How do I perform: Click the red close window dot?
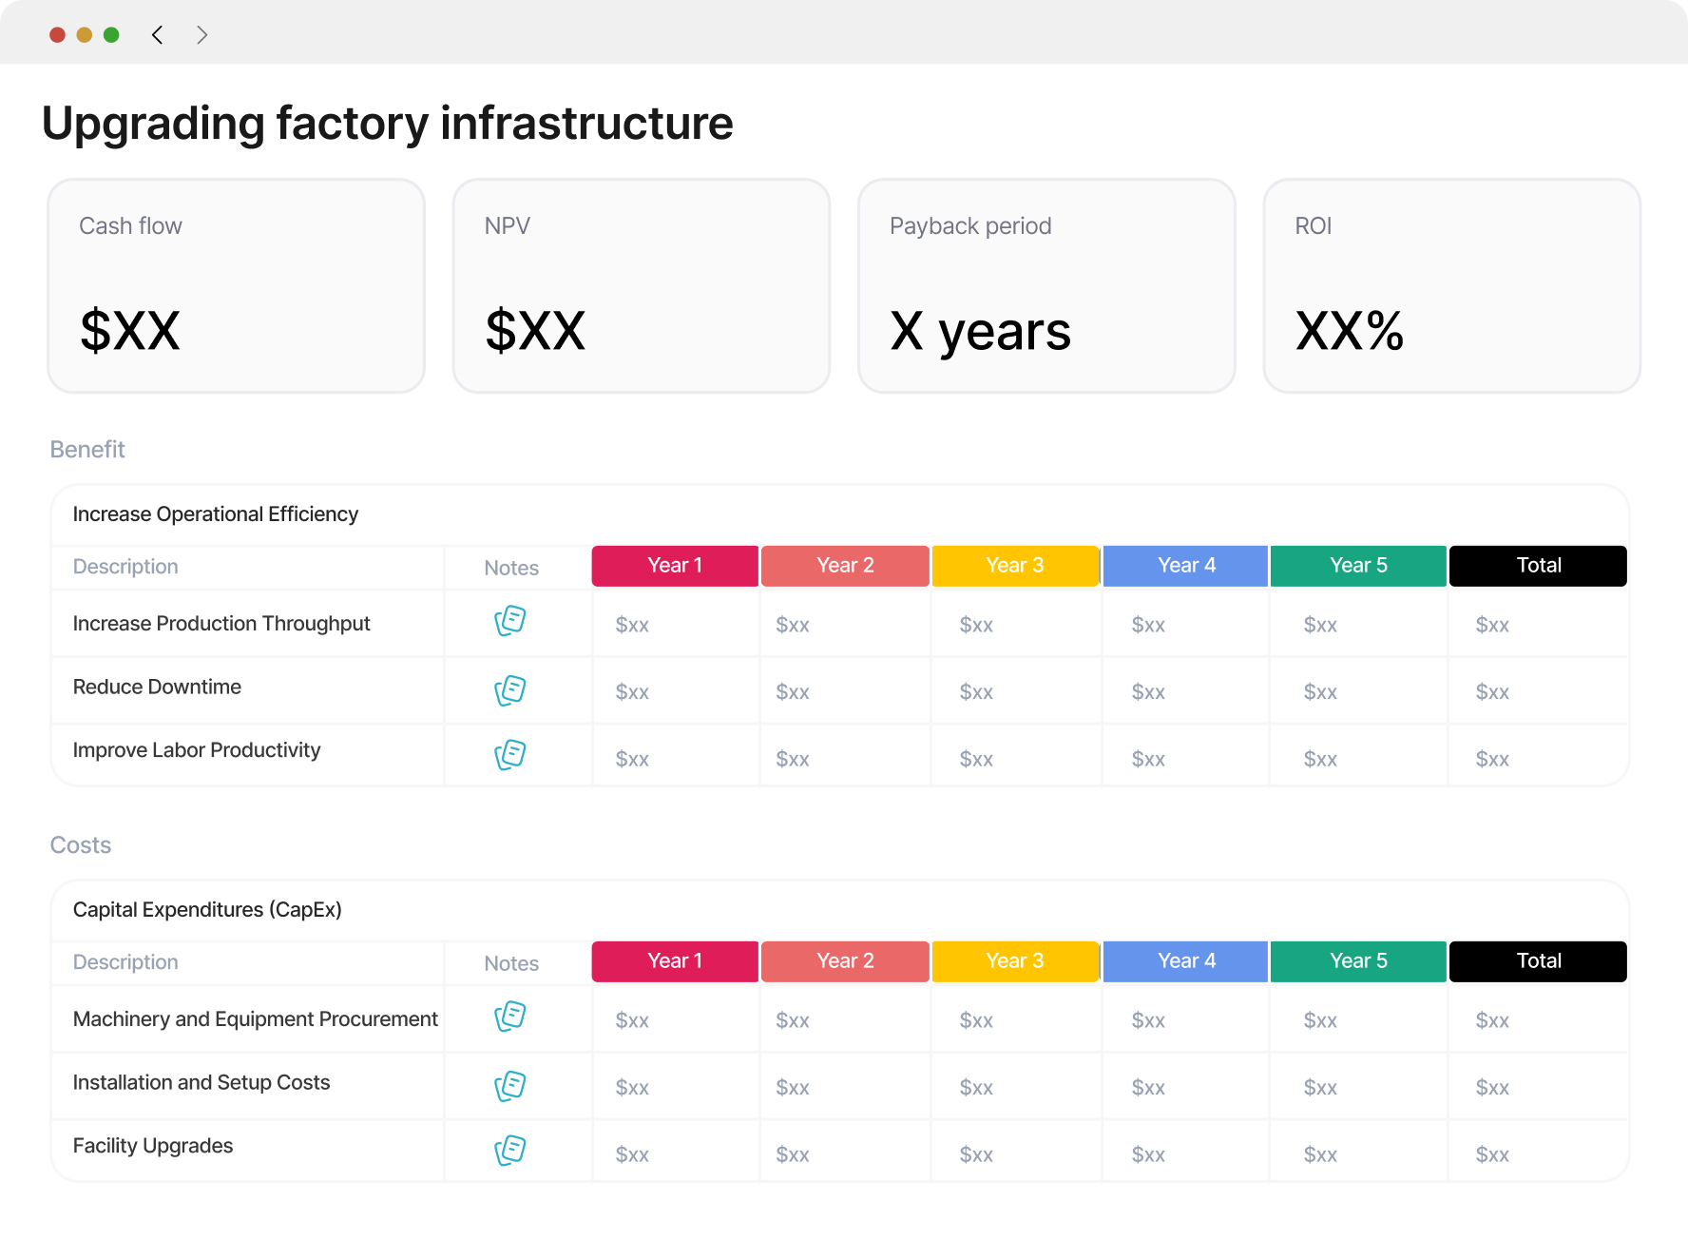coord(57,35)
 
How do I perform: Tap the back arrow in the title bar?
coord(157,35)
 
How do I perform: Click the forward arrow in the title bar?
coord(201,35)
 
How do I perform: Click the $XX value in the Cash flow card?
coord(130,331)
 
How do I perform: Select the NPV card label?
coord(508,226)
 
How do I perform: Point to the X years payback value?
coord(980,333)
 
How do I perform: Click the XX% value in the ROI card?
coord(1350,331)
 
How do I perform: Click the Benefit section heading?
coord(87,449)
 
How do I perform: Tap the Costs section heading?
coord(81,845)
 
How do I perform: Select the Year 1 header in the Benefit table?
coord(675,566)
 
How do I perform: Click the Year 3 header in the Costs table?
coord(1015,961)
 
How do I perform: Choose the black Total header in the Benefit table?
coord(1539,566)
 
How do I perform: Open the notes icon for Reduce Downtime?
coord(510,690)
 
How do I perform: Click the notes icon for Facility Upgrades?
coord(510,1150)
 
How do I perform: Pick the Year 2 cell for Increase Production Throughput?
coord(793,625)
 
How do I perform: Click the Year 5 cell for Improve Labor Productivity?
coord(1320,759)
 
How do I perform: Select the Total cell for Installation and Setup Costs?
coord(1492,1087)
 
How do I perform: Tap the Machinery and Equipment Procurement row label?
coord(256,1019)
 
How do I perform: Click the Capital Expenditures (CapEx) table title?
coord(207,910)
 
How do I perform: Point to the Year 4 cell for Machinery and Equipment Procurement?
coord(1148,1020)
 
